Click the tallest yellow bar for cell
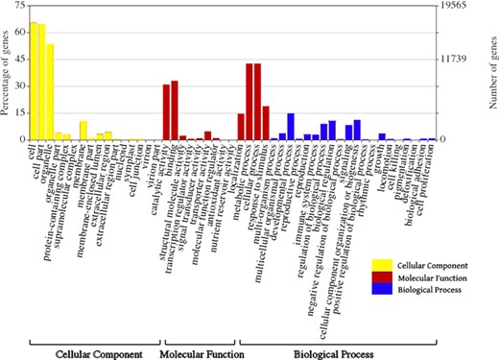(x=34, y=82)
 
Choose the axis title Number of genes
(x=490, y=72)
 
